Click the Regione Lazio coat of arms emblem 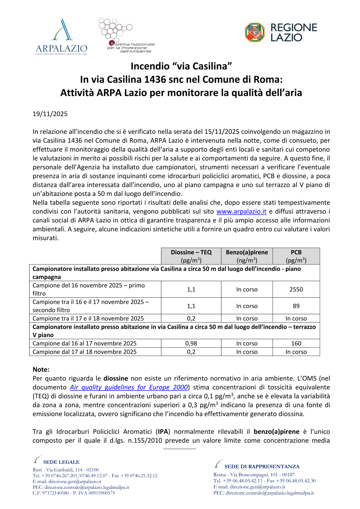pyautogui.click(x=255, y=32)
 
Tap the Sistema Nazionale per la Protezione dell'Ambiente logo pyautogui.click(x=126, y=35)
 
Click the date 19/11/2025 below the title pyautogui.click(x=50, y=114)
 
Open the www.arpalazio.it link pyautogui.click(x=241, y=212)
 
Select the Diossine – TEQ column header pyautogui.click(x=191, y=256)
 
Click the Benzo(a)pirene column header pyautogui.click(x=247, y=256)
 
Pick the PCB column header pyautogui.click(x=296, y=256)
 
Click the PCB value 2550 pyautogui.click(x=296, y=289)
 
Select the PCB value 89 pyautogui.click(x=296, y=306)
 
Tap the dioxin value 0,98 pyautogui.click(x=191, y=343)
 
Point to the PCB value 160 pyautogui.click(x=296, y=343)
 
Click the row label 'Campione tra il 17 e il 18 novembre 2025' pyautogui.click(x=88, y=319)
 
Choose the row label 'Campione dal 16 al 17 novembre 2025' pyautogui.click(x=85, y=343)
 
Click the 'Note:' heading pyautogui.click(x=41, y=370)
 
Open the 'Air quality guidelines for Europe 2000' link pyautogui.click(x=129, y=387)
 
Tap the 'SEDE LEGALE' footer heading pyautogui.click(x=61, y=462)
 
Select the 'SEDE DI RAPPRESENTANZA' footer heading pyautogui.click(x=262, y=467)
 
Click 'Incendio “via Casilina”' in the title pyautogui.click(x=181, y=66)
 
